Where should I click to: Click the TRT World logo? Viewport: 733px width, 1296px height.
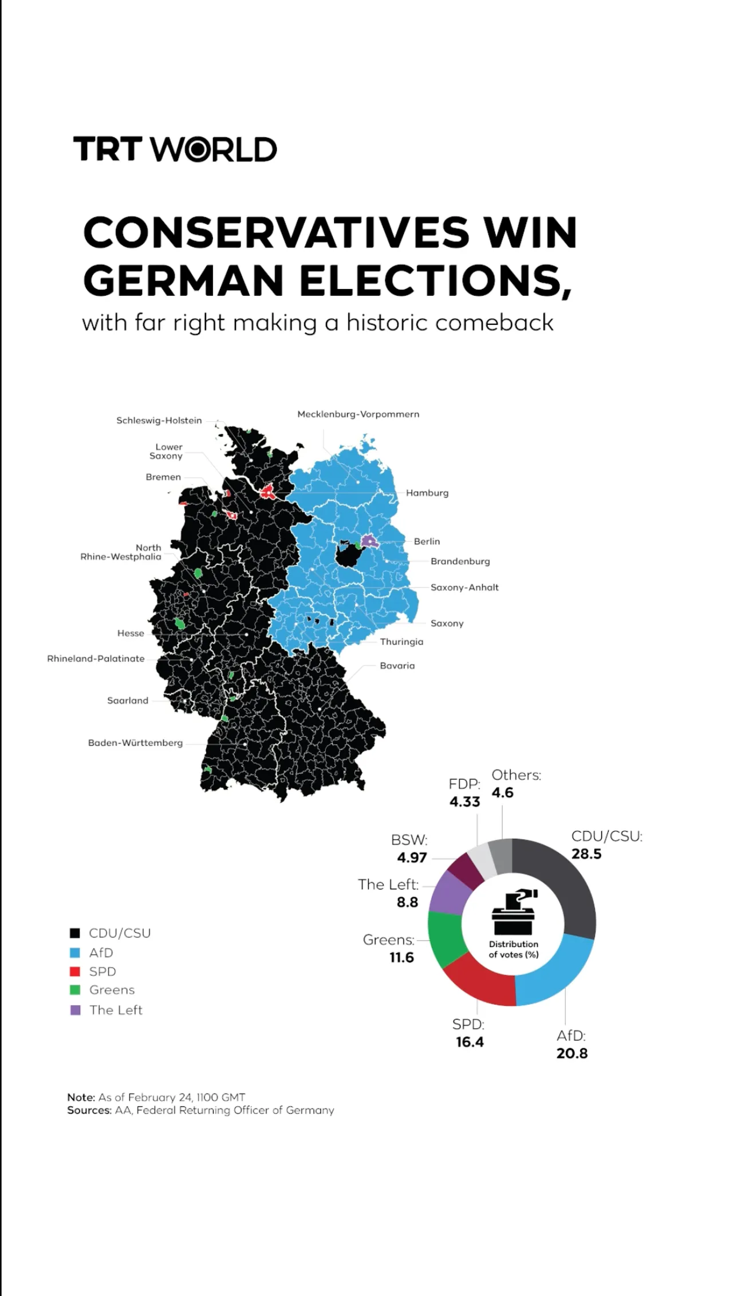[175, 149]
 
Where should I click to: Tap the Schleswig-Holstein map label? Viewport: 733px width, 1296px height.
[159, 421]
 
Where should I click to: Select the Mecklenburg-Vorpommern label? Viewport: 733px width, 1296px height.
[358, 414]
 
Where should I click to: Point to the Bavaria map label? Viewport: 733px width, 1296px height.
[397, 665]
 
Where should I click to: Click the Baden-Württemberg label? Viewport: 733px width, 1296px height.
[135, 743]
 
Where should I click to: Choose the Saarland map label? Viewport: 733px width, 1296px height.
[128, 700]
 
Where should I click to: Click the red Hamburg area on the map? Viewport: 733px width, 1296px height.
[267, 492]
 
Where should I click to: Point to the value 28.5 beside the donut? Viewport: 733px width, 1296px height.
[586, 854]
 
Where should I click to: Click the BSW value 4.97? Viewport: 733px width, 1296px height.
[412, 858]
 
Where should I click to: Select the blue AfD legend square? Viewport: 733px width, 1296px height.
[75, 953]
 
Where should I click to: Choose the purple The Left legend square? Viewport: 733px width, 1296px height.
[75, 1010]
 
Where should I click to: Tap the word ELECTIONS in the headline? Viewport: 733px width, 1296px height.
[435, 280]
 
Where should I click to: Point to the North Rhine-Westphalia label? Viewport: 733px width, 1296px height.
[121, 552]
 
